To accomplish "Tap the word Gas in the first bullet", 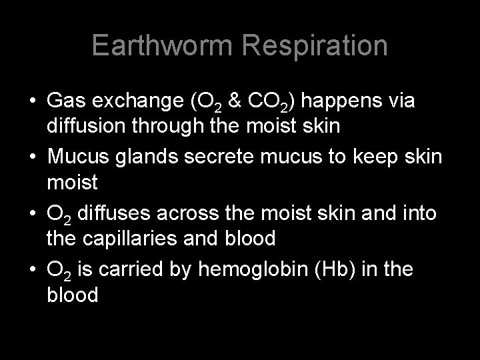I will (x=65, y=101).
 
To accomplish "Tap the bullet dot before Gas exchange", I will (x=31, y=101).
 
